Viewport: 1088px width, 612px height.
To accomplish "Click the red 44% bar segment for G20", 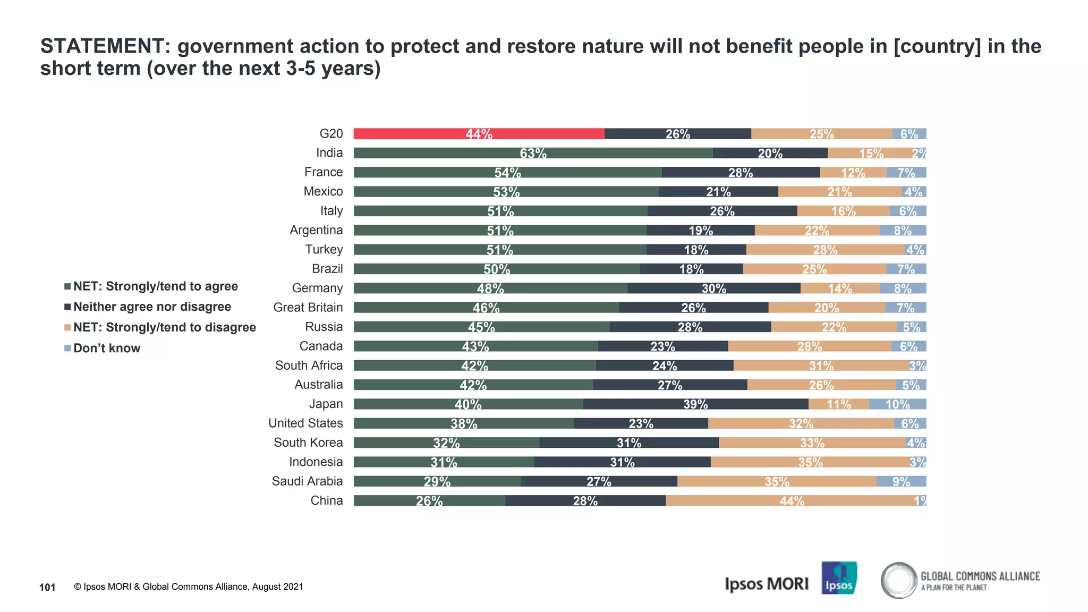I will pyautogui.click(x=478, y=134).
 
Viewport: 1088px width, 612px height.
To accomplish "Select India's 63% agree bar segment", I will pyautogui.click(x=533, y=153).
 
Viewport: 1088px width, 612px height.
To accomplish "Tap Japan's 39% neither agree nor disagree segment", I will pyautogui.click(x=695, y=404).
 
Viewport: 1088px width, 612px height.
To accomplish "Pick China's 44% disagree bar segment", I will pyautogui.click(x=792, y=501).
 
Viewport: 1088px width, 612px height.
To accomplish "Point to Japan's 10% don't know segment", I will pyautogui.click(x=897, y=404).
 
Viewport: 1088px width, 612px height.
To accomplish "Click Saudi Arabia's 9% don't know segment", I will pyautogui.click(x=901, y=482).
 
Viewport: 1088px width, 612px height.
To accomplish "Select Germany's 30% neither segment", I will pyautogui.click(x=713, y=288).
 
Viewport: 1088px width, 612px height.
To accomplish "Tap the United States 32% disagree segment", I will pyautogui.click(x=801, y=423).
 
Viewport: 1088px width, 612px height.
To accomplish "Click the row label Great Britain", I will pyautogui.click(x=308, y=308).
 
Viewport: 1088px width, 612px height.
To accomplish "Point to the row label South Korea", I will pyautogui.click(x=308, y=443).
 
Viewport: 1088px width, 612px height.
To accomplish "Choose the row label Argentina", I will pyautogui.click(x=316, y=230).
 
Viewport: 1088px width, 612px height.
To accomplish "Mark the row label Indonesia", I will pyautogui.click(x=316, y=462).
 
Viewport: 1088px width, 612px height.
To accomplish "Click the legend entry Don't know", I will pyautogui.click(x=107, y=348).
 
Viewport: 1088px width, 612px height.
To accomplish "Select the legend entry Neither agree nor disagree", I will pyautogui.click(x=152, y=307).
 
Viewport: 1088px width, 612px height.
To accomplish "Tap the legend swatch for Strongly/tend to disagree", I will pyautogui.click(x=67, y=328).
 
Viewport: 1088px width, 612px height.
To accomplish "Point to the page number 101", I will pyautogui.click(x=47, y=587).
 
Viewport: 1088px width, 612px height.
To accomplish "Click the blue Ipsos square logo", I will pyautogui.click(x=839, y=578).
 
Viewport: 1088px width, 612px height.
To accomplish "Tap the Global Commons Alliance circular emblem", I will pyautogui.click(x=899, y=580).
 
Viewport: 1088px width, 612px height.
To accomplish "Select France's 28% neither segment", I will pyautogui.click(x=741, y=173).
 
